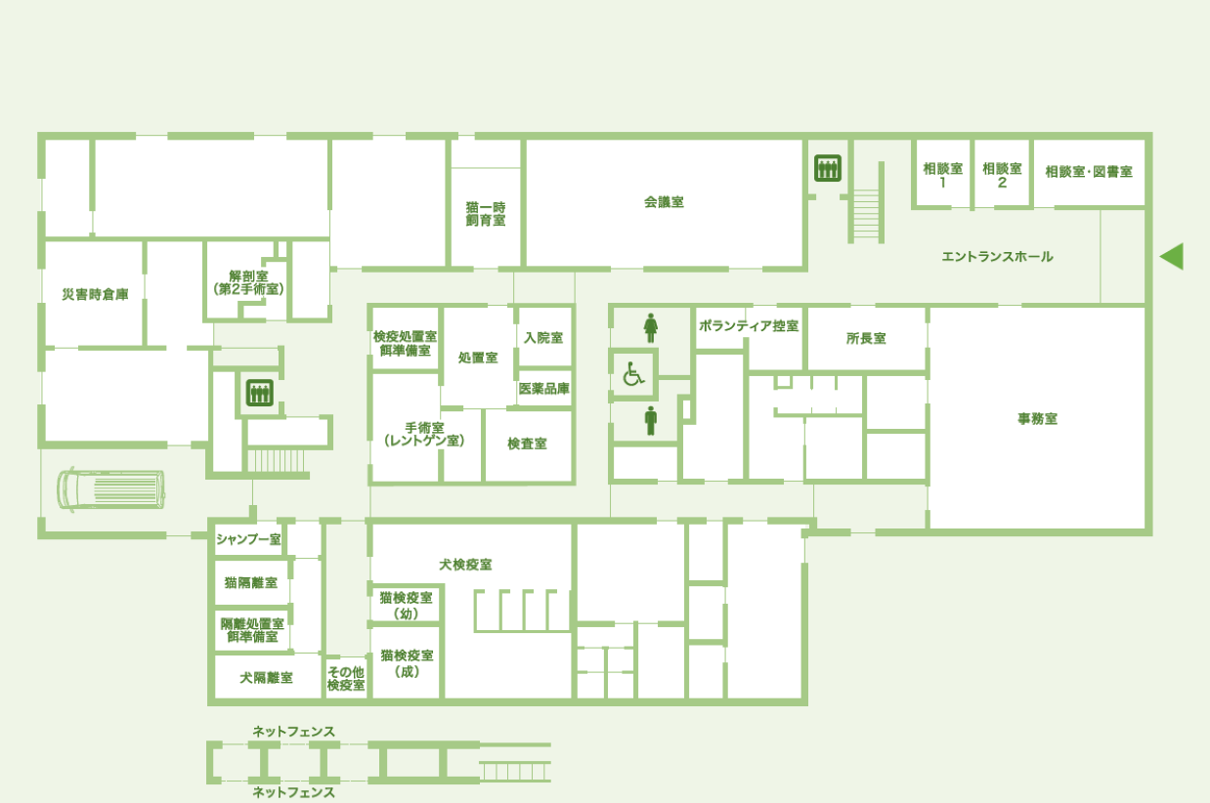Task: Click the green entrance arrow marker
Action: (1172, 256)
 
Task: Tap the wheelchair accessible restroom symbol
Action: (633, 374)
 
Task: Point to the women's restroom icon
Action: (651, 328)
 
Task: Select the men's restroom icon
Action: (651, 421)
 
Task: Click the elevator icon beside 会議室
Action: (828, 168)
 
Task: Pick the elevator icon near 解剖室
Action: (260, 393)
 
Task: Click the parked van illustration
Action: (110, 489)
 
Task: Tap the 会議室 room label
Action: (664, 202)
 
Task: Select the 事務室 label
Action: (1038, 418)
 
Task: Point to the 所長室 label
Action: (866, 338)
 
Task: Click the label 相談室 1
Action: (942, 176)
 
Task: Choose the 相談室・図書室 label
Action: (1089, 172)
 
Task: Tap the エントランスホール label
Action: (997, 257)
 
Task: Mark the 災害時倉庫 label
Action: (95, 294)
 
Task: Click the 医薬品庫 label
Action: (544, 388)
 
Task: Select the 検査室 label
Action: (527, 444)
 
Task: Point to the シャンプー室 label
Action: (248, 539)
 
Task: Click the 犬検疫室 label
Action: (465, 565)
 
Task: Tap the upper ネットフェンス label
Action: (294, 732)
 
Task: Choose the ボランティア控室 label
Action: (749, 325)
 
